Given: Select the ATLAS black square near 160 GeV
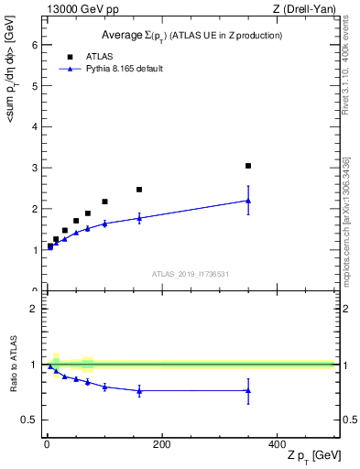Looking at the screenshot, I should coord(139,190).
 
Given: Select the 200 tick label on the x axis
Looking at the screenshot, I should coord(161,443).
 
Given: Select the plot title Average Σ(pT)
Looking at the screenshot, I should coord(191,35).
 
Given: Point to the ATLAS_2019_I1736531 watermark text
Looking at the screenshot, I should coord(191,274).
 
